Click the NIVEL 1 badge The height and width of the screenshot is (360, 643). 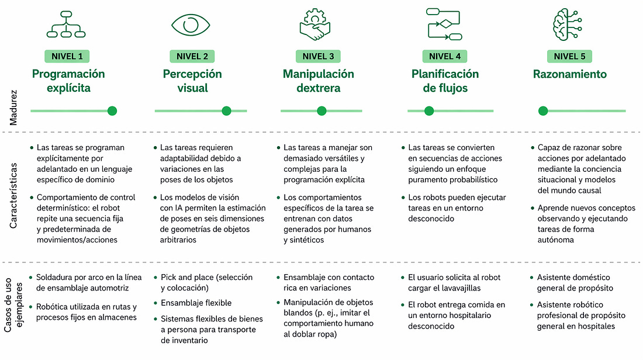67,57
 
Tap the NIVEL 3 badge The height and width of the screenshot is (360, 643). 319,57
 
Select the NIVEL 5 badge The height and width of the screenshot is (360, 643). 569,57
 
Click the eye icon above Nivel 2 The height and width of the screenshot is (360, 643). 191,25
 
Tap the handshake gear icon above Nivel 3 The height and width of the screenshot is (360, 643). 316,25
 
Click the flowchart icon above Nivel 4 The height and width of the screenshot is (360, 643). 445,24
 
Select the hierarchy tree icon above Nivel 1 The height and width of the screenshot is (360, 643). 68,25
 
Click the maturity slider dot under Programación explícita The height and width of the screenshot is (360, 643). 112,110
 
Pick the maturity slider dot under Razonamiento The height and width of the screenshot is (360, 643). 543,110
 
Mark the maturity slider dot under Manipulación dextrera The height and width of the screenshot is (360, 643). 321,110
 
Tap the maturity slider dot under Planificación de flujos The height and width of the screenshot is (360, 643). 429,110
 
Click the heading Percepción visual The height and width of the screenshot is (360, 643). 192,81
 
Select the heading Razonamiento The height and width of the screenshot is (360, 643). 569,74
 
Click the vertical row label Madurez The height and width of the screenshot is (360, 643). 13,107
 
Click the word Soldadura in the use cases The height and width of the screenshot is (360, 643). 56,277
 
